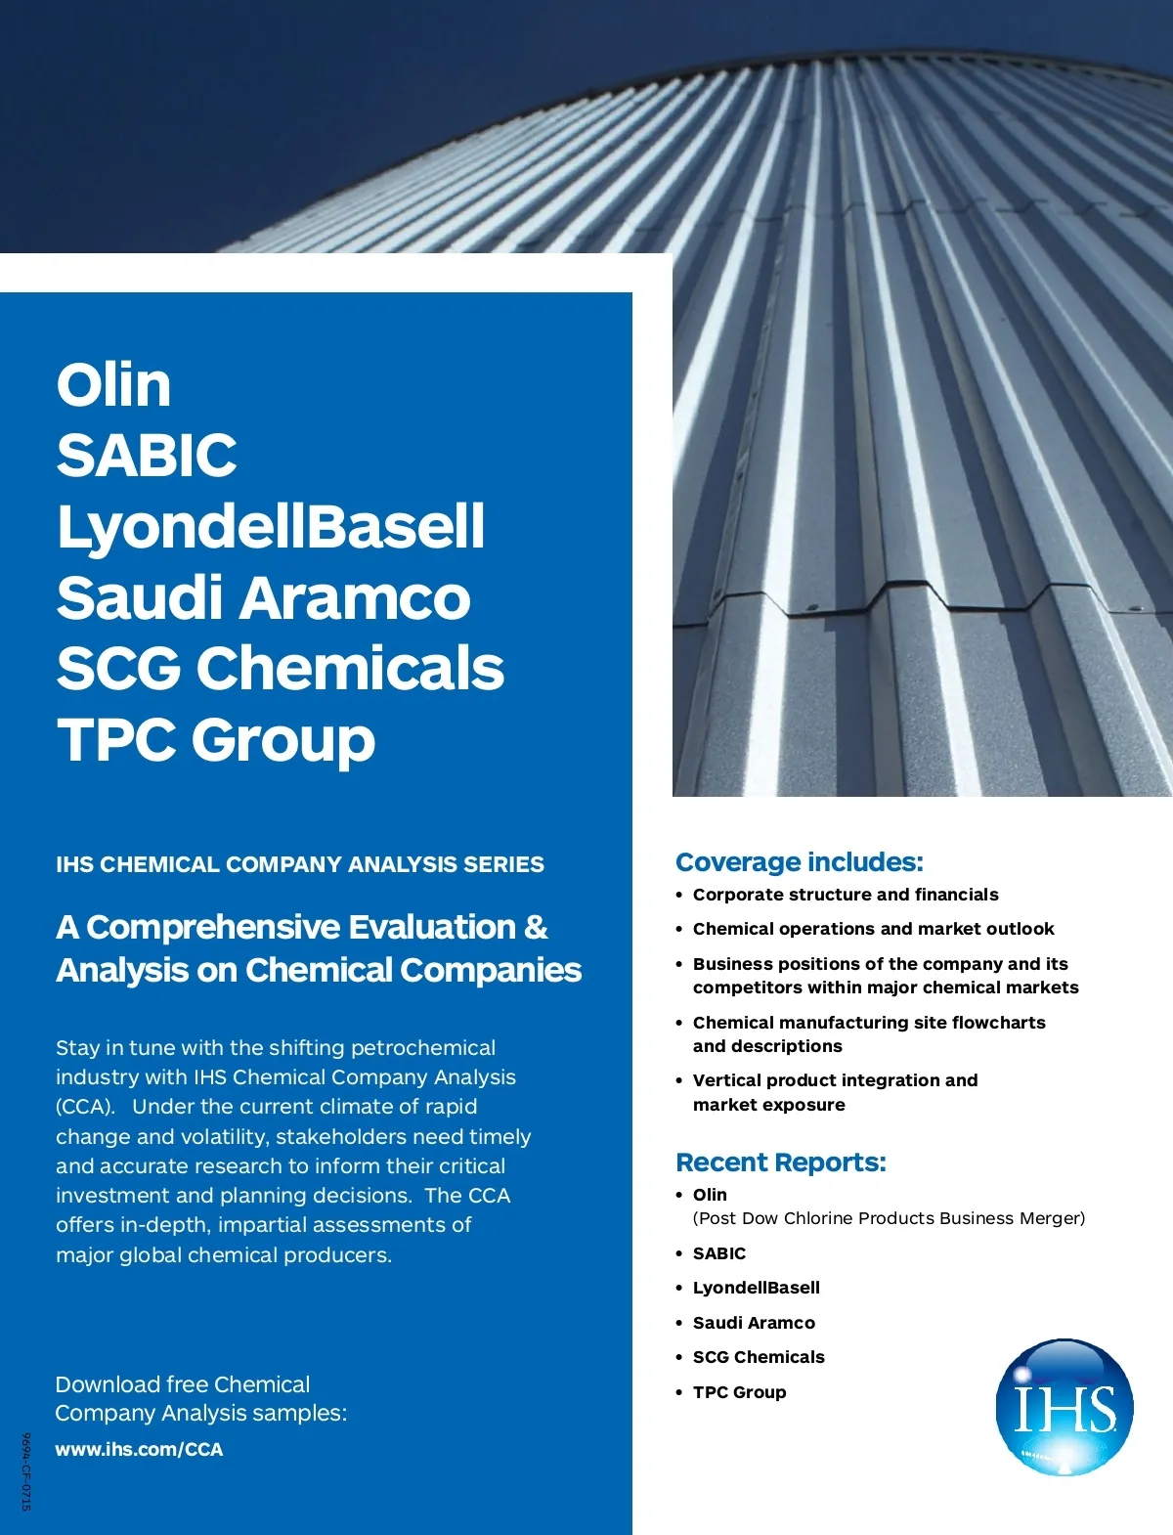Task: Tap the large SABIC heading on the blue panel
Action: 147,455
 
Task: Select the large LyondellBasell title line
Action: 271,526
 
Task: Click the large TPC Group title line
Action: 216,739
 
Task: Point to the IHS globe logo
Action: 1064,1407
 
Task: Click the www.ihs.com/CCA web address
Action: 139,1449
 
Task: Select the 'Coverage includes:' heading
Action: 799,861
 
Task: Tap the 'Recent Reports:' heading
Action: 780,1162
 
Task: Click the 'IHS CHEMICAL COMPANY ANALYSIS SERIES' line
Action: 300,864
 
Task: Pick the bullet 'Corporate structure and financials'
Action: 846,895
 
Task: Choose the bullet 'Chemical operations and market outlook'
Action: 873,929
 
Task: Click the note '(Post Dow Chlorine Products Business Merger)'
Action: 889,1218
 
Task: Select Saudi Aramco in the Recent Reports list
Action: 754,1323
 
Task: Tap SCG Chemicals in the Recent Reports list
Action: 759,1357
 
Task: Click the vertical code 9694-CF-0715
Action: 26,1471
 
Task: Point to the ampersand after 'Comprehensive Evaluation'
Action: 536,927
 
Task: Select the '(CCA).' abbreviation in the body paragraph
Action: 86,1107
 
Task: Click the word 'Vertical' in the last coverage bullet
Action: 725,1080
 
